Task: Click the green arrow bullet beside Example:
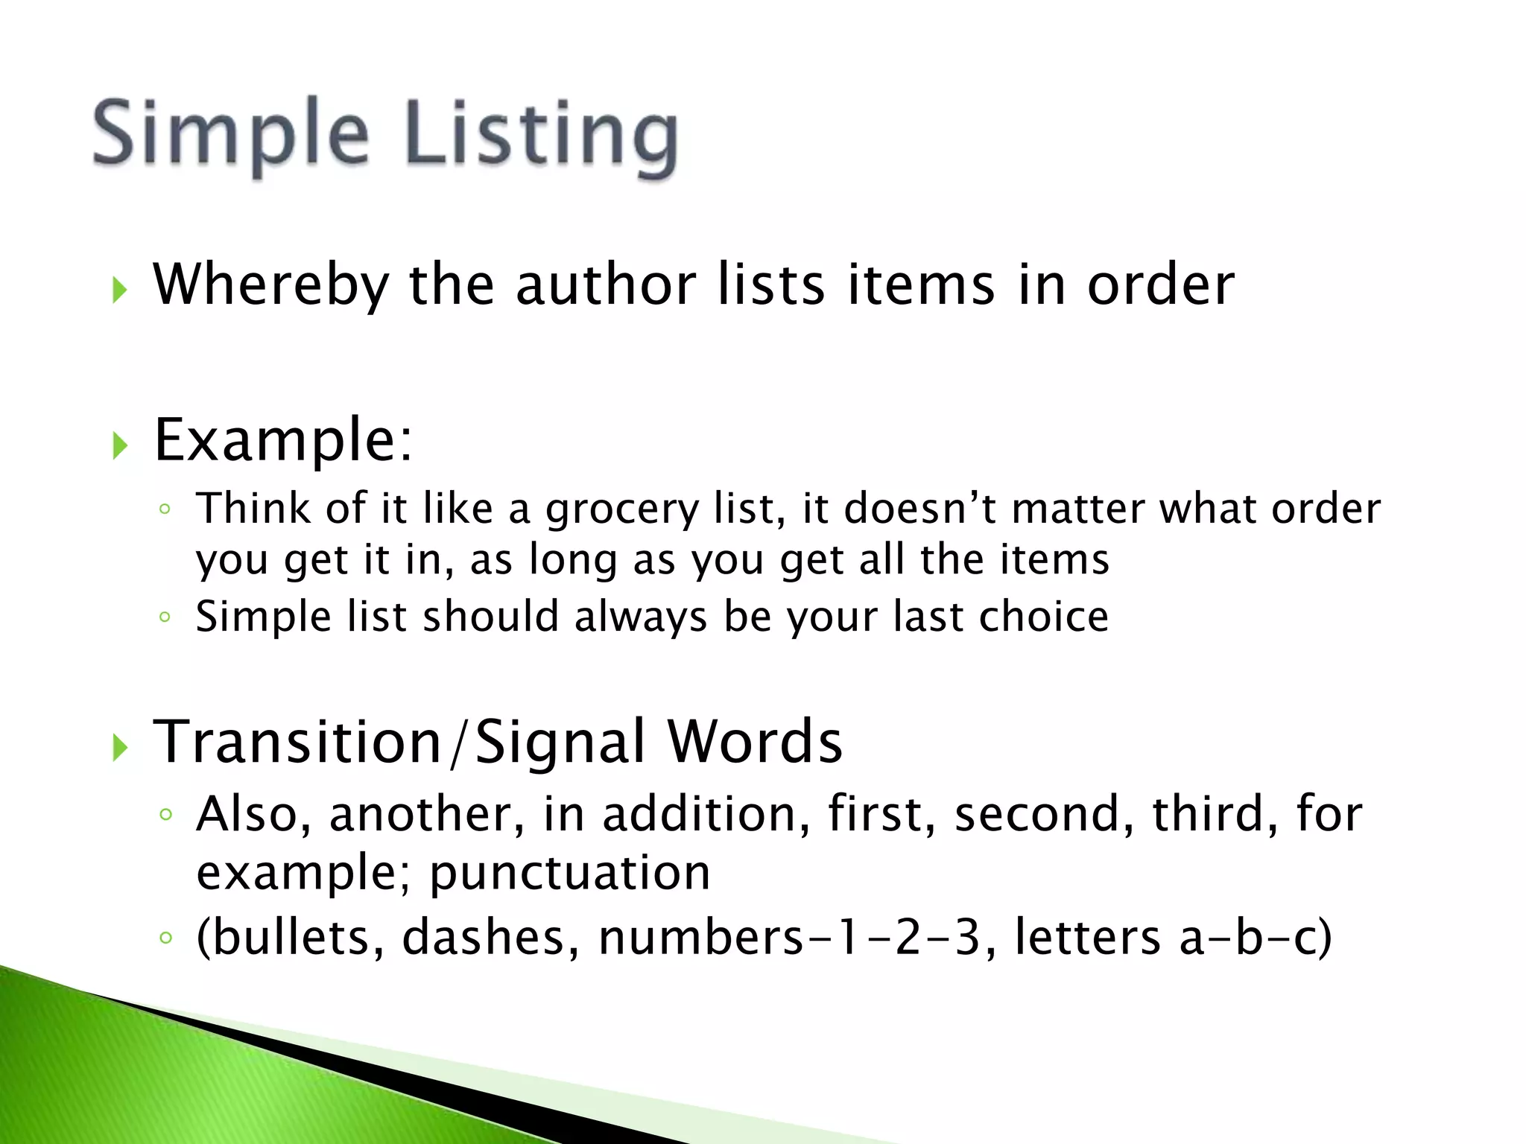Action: pos(120,445)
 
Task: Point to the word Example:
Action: pos(282,440)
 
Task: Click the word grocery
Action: pos(622,511)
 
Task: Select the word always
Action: pos(640,618)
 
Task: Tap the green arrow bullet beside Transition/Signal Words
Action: pos(120,747)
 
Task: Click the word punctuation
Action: pos(570,873)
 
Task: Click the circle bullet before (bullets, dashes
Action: pos(165,937)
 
